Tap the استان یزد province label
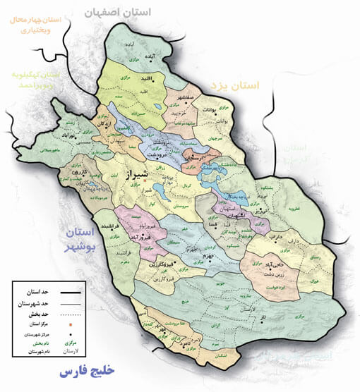235,86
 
